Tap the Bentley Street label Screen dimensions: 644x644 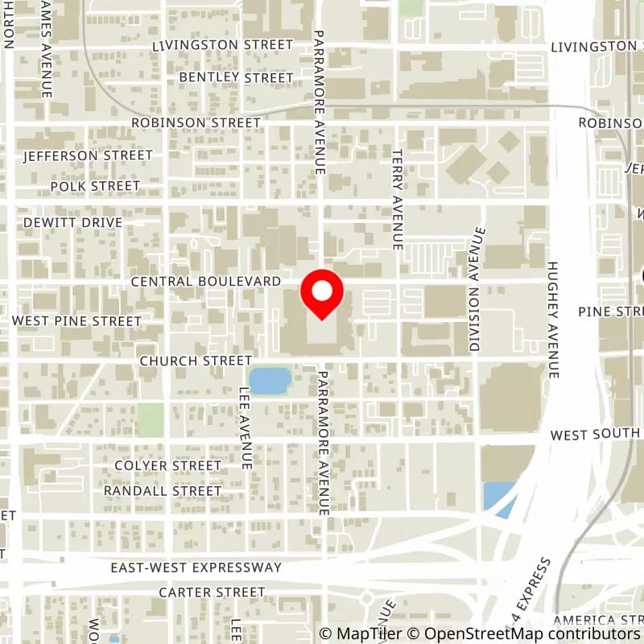click(x=236, y=77)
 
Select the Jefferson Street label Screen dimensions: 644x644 click(x=88, y=155)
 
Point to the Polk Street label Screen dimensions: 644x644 click(x=95, y=186)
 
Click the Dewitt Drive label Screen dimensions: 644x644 click(x=72, y=222)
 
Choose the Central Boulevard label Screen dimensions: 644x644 click(x=205, y=281)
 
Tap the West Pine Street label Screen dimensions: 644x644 click(x=76, y=321)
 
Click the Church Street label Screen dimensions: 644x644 click(x=196, y=361)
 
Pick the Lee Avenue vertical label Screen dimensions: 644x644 click(x=246, y=427)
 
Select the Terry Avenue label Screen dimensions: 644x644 click(x=397, y=199)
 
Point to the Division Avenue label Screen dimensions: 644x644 click(x=477, y=290)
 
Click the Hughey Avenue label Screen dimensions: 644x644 click(x=553, y=320)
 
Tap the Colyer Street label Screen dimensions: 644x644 click(x=167, y=465)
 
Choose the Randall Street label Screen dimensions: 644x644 click(x=163, y=490)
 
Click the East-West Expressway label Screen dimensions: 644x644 click(x=196, y=568)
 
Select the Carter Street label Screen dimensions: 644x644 click(x=212, y=592)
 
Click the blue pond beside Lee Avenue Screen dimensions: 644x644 click(x=270, y=380)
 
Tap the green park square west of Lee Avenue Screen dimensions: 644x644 click(x=150, y=419)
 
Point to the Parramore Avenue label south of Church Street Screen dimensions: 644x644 click(x=323, y=443)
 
